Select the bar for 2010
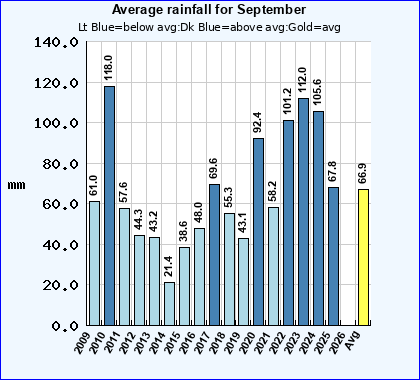pos(109,205)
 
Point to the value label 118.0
pos(109,68)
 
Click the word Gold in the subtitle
pos(299,25)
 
